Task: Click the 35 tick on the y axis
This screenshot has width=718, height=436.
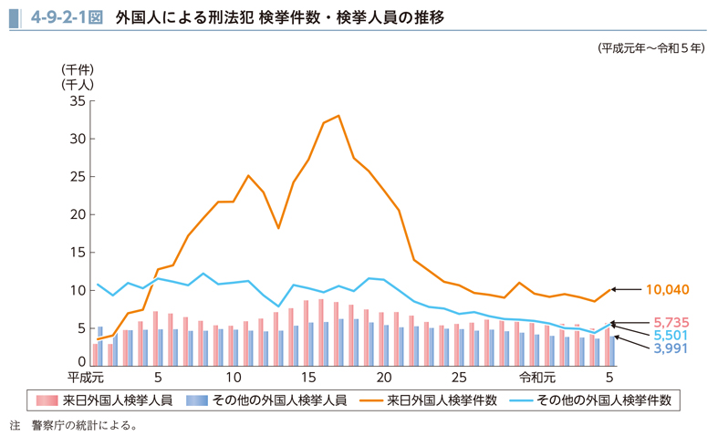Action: (x=76, y=100)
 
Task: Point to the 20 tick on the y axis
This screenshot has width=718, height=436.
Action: (x=76, y=214)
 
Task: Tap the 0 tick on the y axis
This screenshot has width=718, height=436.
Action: (x=81, y=363)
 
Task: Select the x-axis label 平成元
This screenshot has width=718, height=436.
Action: (x=87, y=378)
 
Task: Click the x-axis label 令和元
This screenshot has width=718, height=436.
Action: (x=536, y=378)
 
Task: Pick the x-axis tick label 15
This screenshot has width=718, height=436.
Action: (x=308, y=378)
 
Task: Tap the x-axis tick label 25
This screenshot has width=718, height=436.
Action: (x=459, y=378)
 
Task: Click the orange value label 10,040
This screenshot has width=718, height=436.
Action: (x=667, y=290)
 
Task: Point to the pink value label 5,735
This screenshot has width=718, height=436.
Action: (x=671, y=322)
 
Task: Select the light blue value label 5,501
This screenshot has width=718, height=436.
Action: (x=671, y=335)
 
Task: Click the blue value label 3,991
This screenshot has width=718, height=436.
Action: (x=671, y=348)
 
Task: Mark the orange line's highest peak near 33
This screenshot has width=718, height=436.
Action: (x=338, y=116)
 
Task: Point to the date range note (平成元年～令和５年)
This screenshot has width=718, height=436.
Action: (x=651, y=47)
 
